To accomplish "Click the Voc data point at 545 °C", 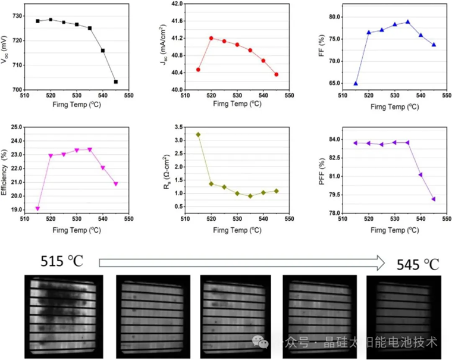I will [x=115, y=82].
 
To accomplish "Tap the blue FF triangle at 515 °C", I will [x=356, y=83].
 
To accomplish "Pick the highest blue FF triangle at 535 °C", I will [x=407, y=22].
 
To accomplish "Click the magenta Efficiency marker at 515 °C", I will [x=37, y=208].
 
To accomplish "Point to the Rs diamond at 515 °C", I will [x=198, y=134].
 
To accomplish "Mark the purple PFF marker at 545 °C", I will [x=434, y=199].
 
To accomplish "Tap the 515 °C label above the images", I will [x=62, y=261].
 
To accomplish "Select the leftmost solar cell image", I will [x=64, y=316].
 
